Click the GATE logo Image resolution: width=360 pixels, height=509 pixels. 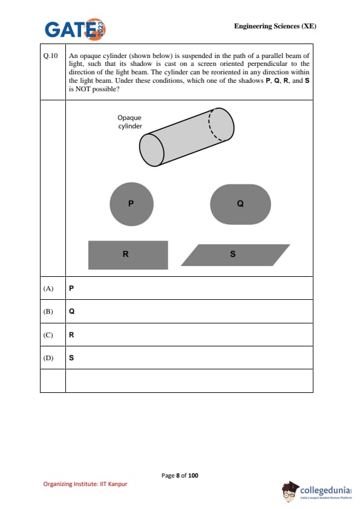(x=76, y=29)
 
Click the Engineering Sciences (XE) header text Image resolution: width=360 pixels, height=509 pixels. (x=275, y=26)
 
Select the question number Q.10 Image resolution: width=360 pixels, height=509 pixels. (x=50, y=56)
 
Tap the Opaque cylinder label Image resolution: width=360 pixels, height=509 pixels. (x=129, y=122)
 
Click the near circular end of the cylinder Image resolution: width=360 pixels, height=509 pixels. (x=152, y=150)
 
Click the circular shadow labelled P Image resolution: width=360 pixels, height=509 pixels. (x=131, y=204)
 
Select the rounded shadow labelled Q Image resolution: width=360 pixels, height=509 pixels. (x=240, y=204)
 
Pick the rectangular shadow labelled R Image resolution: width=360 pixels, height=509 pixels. (x=128, y=255)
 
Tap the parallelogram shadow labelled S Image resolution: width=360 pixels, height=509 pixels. (x=235, y=255)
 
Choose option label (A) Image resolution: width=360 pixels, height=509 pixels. (x=48, y=288)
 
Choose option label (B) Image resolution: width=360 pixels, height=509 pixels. (x=48, y=311)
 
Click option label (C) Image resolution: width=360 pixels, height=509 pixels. (x=48, y=335)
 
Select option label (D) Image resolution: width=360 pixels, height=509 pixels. (x=48, y=358)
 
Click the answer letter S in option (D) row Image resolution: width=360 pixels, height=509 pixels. (x=71, y=358)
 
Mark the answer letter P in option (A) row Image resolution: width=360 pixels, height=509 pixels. (x=71, y=288)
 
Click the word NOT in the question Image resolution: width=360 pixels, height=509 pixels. (x=82, y=89)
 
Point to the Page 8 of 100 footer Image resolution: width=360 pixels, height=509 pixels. (x=180, y=476)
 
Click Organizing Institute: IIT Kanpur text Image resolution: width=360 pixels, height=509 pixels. (x=85, y=484)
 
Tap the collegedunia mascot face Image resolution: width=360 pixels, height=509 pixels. (x=289, y=493)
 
